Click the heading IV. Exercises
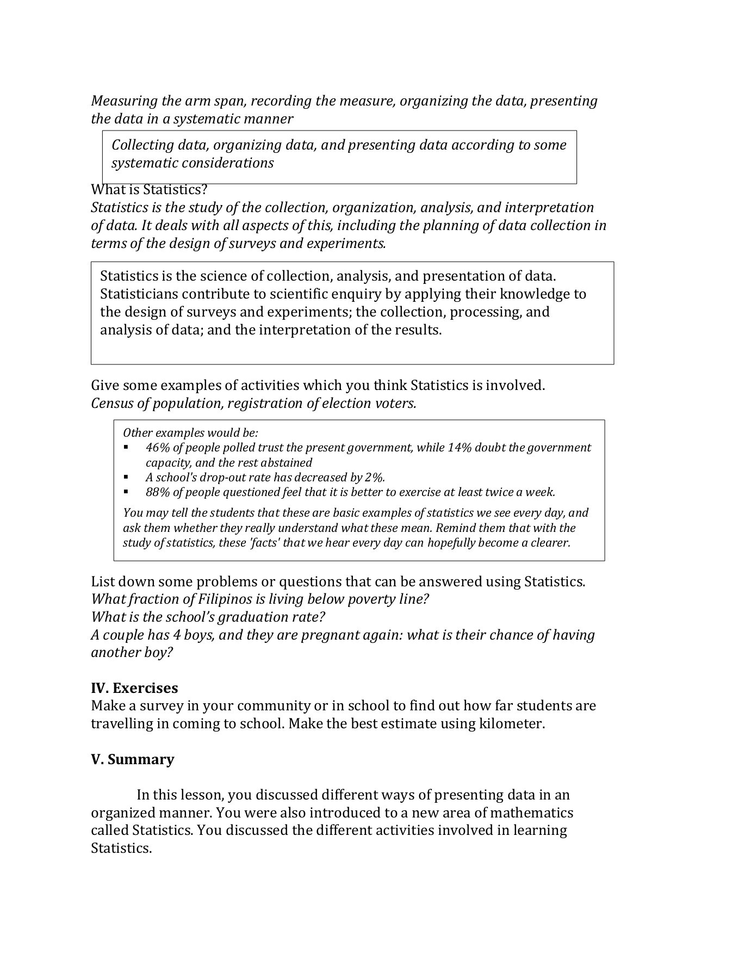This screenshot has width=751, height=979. pyautogui.click(x=134, y=688)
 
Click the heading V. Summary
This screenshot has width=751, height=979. pyautogui.click(x=132, y=759)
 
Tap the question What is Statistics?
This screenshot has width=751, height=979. pyautogui.click(x=149, y=190)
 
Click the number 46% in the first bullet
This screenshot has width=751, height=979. pyautogui.click(x=156, y=448)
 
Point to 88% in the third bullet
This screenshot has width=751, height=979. pyautogui.click(x=156, y=492)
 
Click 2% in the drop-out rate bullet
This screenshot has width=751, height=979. pyautogui.click(x=374, y=478)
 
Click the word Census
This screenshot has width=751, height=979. pyautogui.click(x=111, y=404)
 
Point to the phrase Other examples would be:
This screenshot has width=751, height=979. pyautogui.click(x=190, y=433)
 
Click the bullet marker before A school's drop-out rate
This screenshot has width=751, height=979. pyautogui.click(x=126, y=478)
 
